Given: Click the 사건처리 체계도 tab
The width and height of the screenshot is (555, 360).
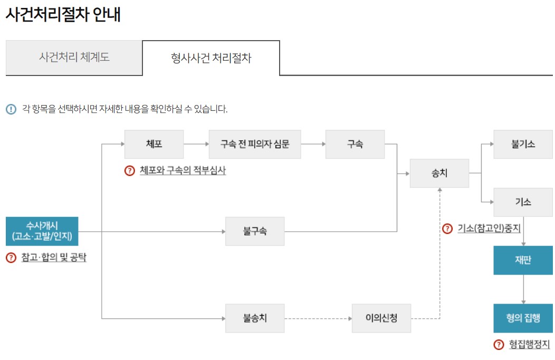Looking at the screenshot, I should (74, 57).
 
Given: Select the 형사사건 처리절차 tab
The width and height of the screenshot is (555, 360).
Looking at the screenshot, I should (211, 58).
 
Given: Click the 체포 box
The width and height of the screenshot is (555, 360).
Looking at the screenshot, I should (154, 144).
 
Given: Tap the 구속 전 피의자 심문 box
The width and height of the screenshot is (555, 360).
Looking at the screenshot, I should (255, 144).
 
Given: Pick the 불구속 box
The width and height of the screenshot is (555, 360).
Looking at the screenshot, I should (255, 231).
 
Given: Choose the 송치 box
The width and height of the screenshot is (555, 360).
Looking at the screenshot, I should (439, 173).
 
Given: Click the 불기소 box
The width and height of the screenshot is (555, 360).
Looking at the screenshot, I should (523, 144).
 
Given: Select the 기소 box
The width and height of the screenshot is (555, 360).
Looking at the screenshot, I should (523, 202).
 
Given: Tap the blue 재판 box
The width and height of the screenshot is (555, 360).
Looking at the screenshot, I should (523, 260).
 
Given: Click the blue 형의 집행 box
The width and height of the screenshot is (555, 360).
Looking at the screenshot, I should (523, 318).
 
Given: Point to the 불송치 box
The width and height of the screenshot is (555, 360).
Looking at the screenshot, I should (255, 318).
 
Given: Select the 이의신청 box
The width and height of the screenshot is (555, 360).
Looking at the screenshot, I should (381, 318).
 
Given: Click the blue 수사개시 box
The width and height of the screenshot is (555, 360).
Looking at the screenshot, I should (42, 231).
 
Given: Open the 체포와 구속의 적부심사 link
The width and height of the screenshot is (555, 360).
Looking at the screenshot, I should (183, 170).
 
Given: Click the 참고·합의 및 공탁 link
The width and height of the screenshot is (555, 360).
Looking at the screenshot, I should (54, 258).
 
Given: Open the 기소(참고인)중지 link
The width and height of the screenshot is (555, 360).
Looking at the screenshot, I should (489, 229).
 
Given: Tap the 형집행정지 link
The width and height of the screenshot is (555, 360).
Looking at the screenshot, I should (529, 345).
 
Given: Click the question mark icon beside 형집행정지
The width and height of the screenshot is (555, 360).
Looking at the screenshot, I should (499, 345).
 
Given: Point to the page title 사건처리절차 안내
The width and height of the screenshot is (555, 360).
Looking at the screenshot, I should (63, 14).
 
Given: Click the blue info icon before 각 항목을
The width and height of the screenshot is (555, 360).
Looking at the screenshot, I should (11, 109).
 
